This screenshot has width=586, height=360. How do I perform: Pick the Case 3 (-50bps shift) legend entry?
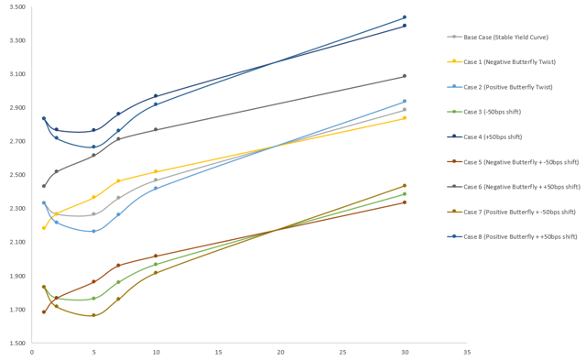click(493, 112)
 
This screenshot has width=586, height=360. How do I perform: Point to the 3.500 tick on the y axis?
click(16, 7)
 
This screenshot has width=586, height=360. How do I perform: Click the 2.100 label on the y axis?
click(16, 243)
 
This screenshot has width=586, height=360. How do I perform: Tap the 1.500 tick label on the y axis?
click(16, 344)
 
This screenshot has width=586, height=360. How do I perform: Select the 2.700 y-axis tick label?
click(16, 142)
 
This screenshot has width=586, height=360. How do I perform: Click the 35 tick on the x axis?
click(466, 352)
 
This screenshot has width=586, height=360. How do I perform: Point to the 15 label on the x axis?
click(218, 352)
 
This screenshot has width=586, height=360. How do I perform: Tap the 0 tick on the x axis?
click(32, 352)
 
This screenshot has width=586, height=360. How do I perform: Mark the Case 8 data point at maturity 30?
click(405, 17)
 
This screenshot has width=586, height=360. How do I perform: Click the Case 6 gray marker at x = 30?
click(405, 76)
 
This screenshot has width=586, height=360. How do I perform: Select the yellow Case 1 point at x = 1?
click(44, 228)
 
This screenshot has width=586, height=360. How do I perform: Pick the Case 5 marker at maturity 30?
click(405, 202)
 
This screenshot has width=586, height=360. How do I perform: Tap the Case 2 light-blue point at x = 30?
click(405, 102)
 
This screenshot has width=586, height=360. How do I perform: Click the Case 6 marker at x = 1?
click(44, 186)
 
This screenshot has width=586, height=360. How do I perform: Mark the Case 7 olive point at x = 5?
click(93, 315)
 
